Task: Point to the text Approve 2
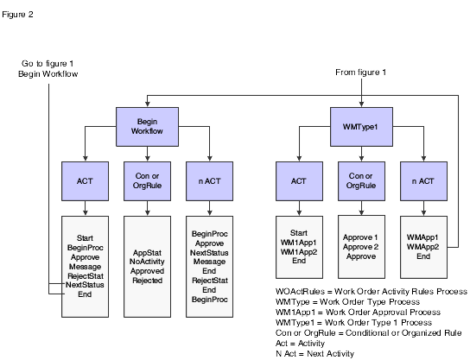click(361, 245)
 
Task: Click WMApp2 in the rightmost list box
click(424, 245)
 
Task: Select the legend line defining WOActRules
click(368, 291)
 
